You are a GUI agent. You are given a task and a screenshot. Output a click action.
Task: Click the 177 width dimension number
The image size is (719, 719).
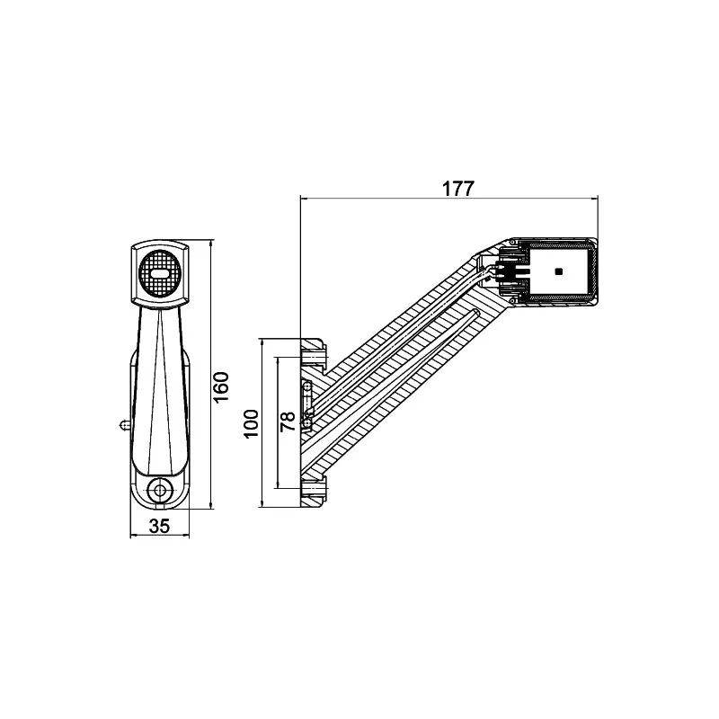tap(458, 188)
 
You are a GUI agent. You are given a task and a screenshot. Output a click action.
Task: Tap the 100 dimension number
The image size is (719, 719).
tap(251, 422)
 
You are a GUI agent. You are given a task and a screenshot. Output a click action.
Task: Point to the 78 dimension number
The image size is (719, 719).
tap(288, 422)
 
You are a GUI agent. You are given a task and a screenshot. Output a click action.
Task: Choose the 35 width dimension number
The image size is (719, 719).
tap(159, 527)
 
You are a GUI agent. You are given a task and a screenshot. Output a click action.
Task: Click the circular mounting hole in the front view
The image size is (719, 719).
tap(161, 490)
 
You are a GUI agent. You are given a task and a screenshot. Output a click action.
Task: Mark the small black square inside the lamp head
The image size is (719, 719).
tap(559, 271)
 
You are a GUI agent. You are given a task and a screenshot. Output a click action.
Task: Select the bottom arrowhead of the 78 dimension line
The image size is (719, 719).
tap(277, 485)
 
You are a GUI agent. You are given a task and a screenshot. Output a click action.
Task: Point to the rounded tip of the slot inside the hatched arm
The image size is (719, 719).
tap(475, 311)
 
